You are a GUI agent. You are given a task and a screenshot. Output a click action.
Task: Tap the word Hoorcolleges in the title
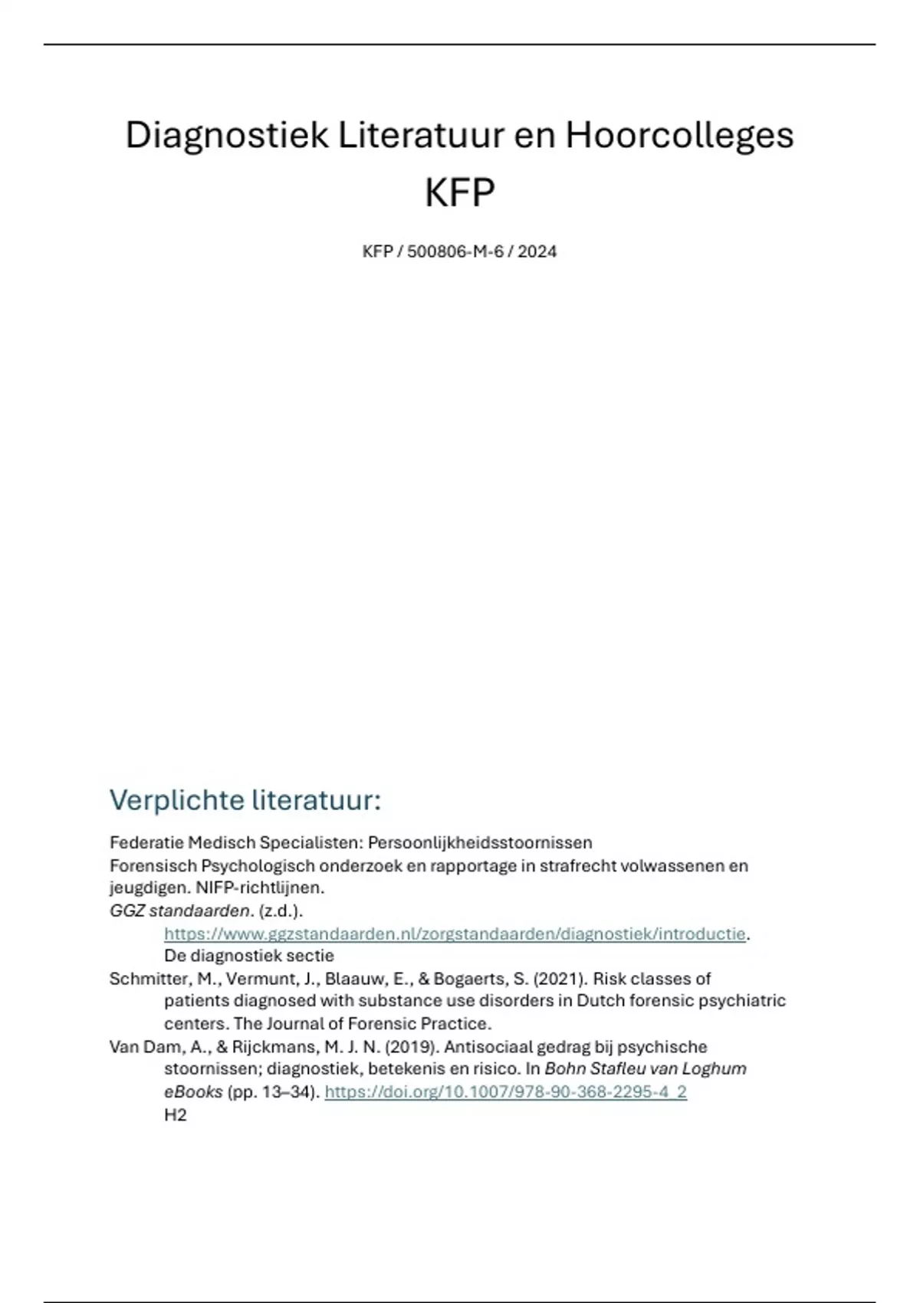click(x=679, y=136)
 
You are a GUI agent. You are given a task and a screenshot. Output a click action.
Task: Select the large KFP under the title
click(x=459, y=192)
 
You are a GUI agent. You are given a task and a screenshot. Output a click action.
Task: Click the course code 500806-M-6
click(x=455, y=251)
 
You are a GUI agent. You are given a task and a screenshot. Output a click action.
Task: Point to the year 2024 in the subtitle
click(x=537, y=251)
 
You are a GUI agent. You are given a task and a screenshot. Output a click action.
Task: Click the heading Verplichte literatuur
click(x=245, y=800)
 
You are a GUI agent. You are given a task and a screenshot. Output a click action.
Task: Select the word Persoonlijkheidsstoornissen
click(x=480, y=842)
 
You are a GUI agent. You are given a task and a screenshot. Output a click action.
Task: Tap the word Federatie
click(x=146, y=842)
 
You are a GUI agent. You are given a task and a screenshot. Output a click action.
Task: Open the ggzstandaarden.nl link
click(x=455, y=934)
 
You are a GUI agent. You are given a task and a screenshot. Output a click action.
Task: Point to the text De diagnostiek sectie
click(x=249, y=956)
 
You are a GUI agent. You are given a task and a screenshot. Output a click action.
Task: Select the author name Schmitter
click(x=145, y=979)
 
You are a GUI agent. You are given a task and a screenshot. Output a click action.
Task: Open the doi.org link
click(x=505, y=1091)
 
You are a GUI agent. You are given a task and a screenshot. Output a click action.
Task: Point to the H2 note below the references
click(x=176, y=1114)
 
